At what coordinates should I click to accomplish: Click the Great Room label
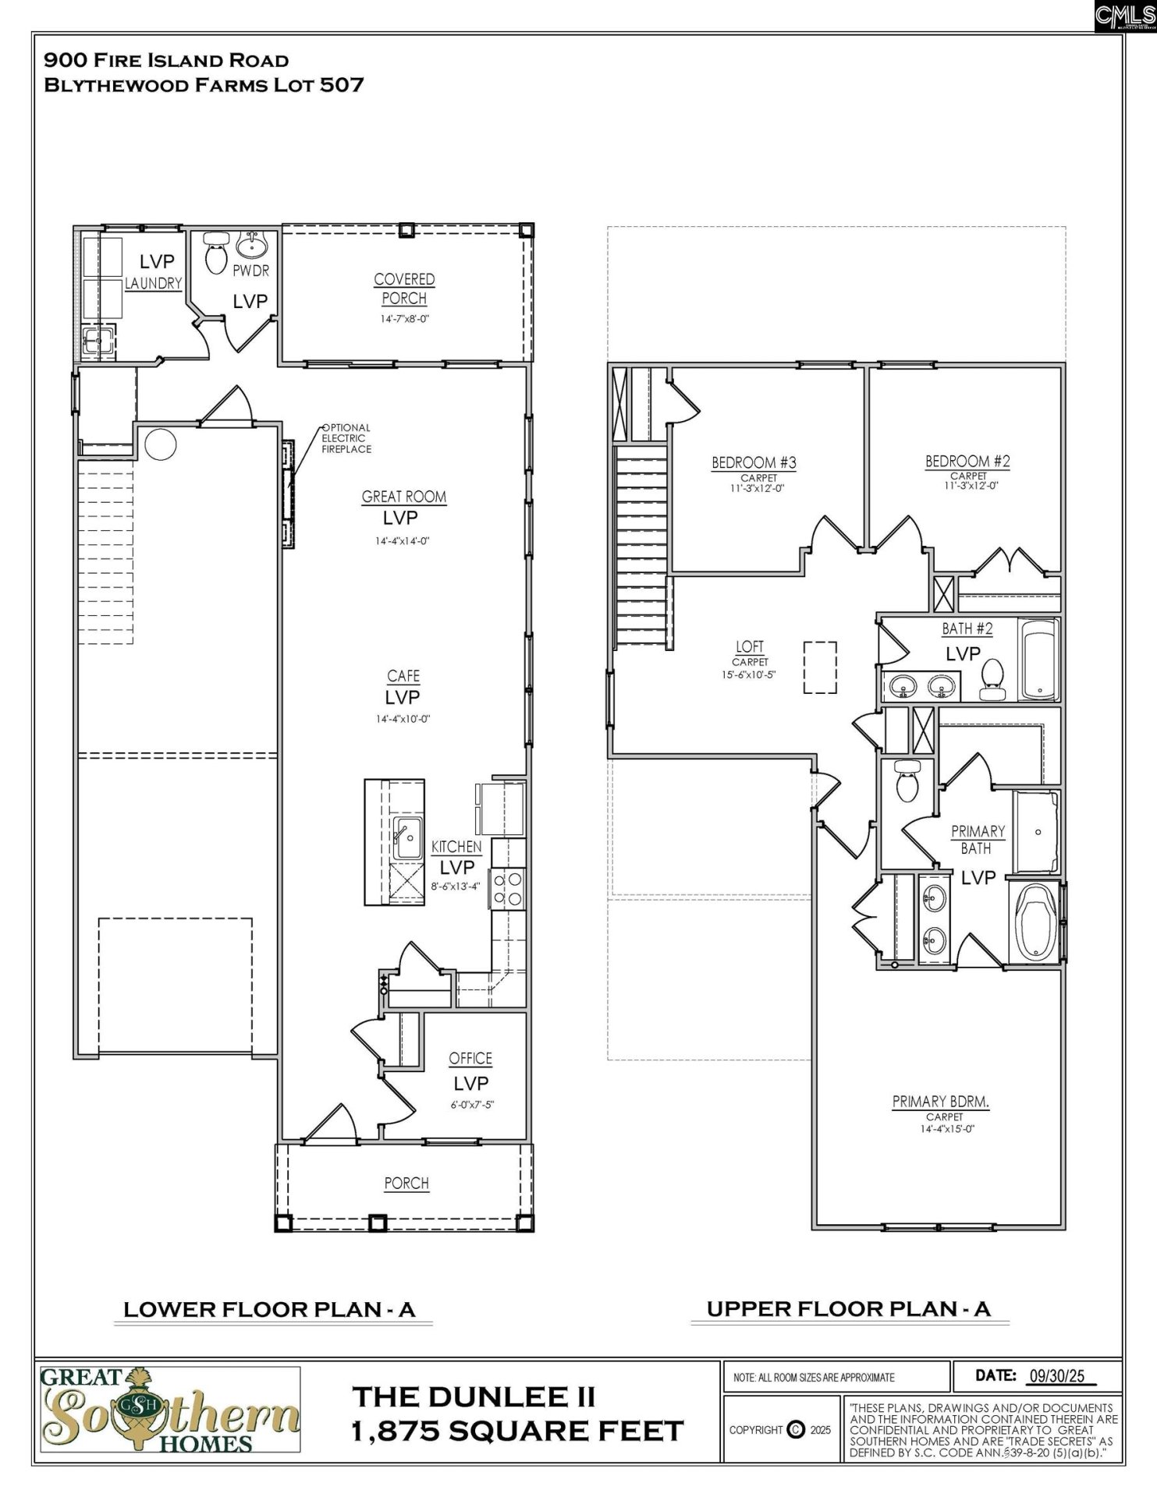coord(403,497)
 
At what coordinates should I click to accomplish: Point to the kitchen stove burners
coord(508,889)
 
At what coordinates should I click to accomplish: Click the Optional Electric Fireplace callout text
coord(346,439)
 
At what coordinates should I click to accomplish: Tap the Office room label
coord(470,1058)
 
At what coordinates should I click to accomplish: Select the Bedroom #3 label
coord(754,462)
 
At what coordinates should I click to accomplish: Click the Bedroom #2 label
coord(967,461)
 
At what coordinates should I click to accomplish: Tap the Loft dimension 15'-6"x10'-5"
coord(749,675)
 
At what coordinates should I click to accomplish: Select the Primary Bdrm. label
coord(940,1102)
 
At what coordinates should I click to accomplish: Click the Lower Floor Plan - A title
coord(269,1309)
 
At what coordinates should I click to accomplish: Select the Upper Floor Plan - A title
coord(848,1309)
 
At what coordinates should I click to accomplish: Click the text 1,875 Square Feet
coord(517,1432)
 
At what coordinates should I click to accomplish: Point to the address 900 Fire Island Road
coord(166,60)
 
